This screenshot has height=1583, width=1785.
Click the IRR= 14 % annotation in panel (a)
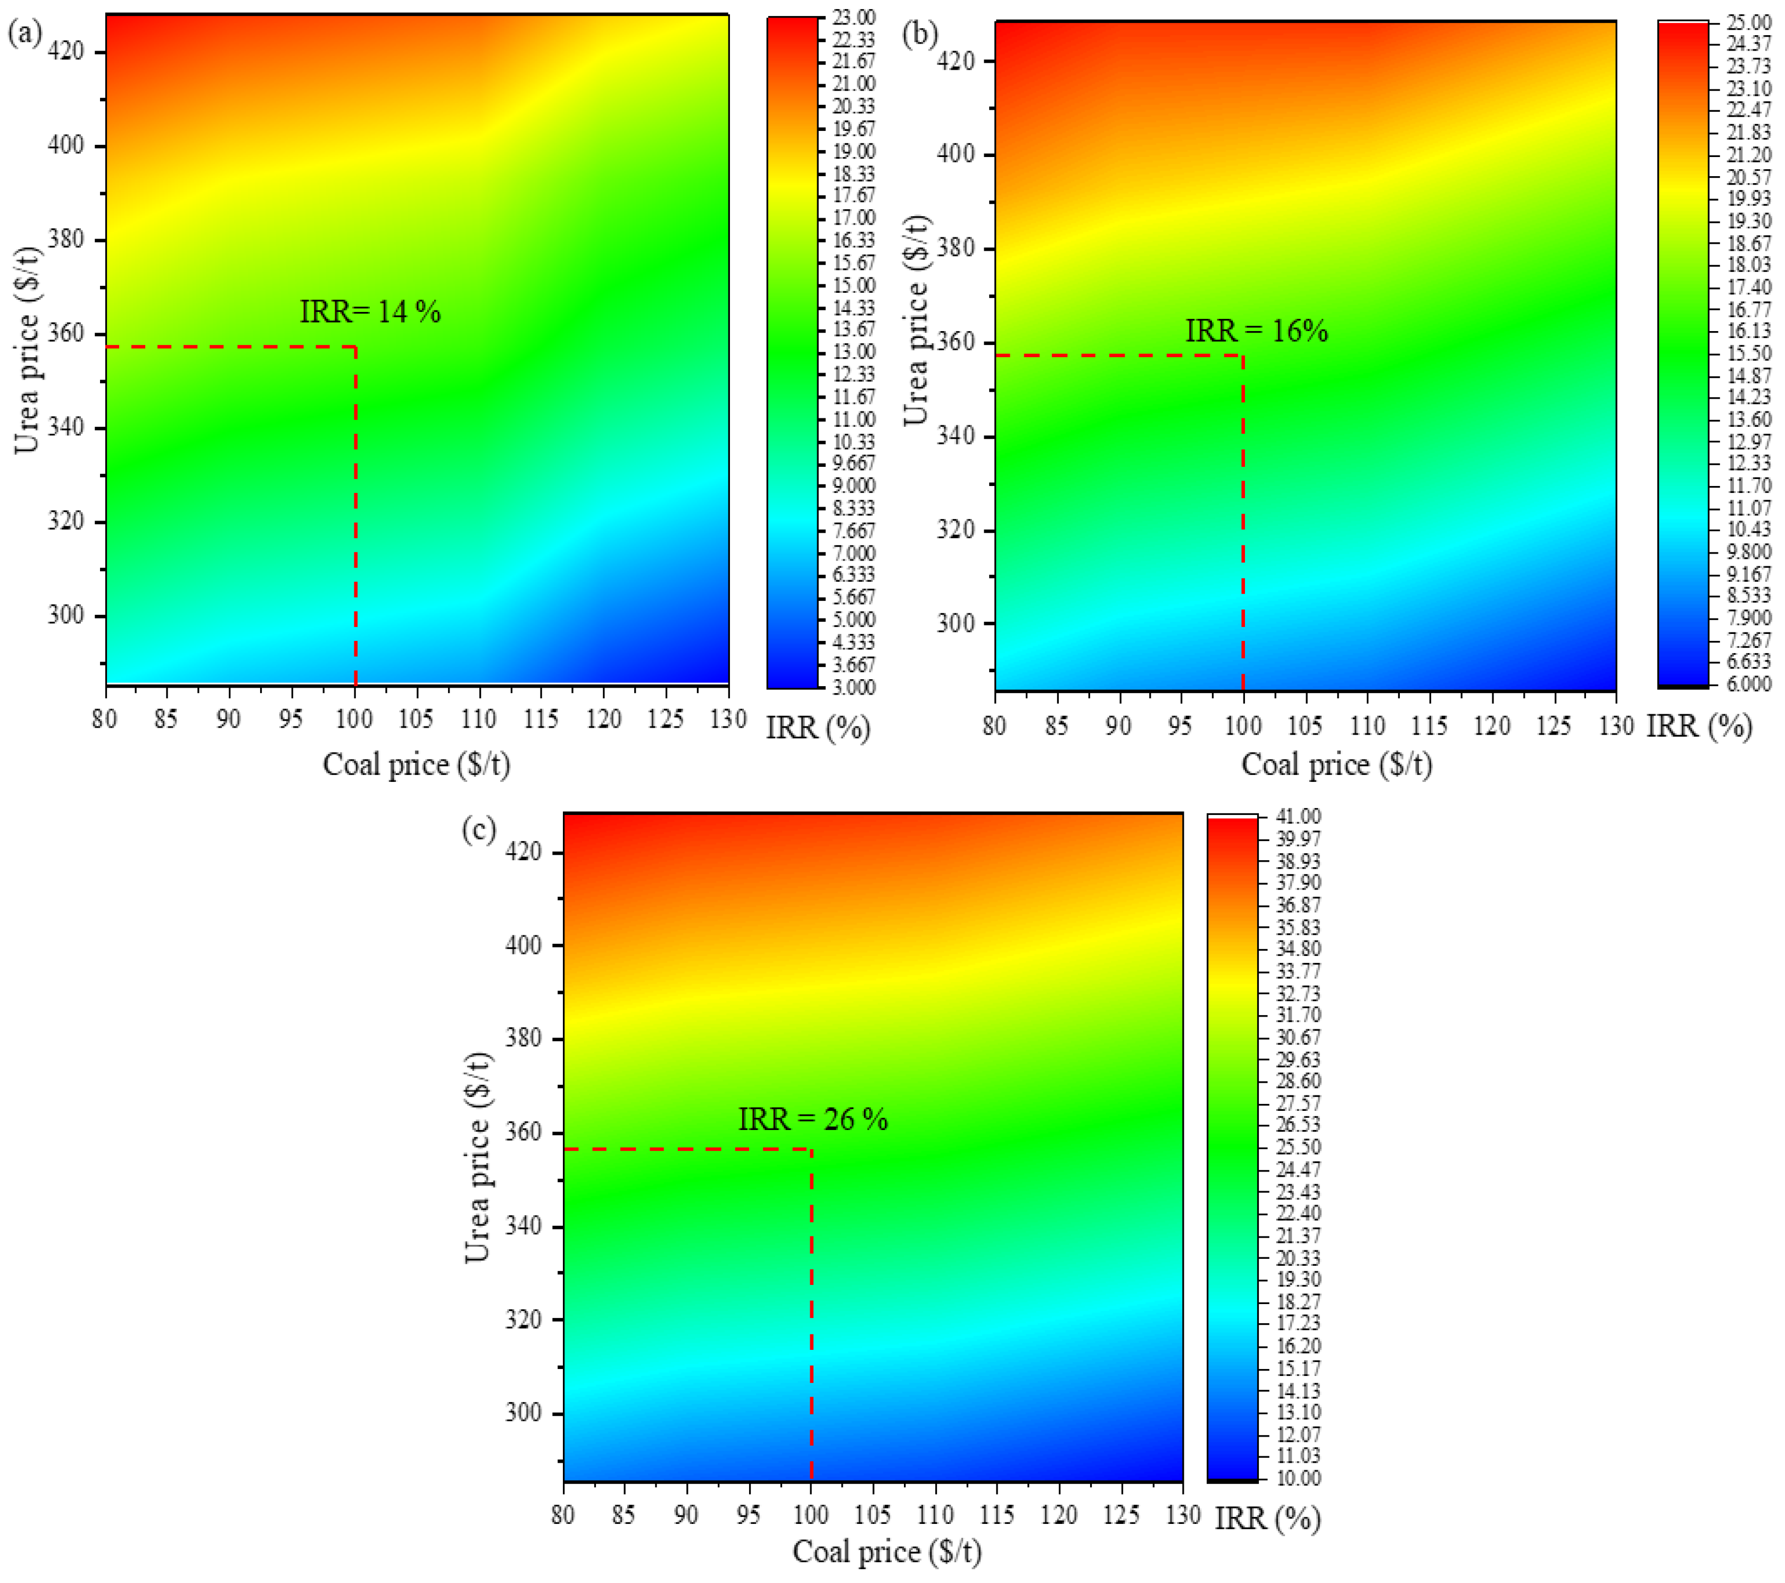[x=370, y=312]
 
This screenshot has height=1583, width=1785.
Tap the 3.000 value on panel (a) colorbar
[x=853, y=688]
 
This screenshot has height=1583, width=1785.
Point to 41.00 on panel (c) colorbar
[x=1299, y=816]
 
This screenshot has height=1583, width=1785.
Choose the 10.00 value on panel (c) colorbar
[x=1299, y=1479]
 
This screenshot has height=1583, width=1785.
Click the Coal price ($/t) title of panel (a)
[x=417, y=764]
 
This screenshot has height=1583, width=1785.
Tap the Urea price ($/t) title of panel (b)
[x=916, y=320]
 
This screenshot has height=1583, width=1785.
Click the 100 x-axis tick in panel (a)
[x=354, y=719]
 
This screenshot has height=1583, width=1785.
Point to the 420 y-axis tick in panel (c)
[x=524, y=851]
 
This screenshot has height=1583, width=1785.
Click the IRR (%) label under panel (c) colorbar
[x=1267, y=1519]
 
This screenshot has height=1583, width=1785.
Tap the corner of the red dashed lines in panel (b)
[x=1243, y=356]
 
